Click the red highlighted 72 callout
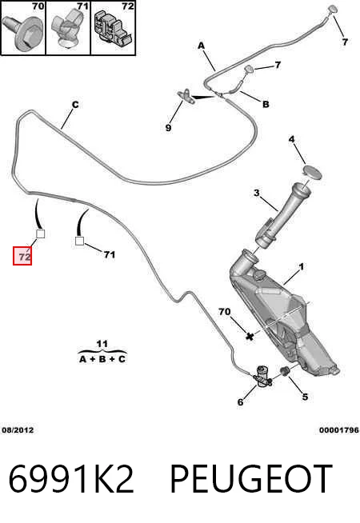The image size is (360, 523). point(22,256)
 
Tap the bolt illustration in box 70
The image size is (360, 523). point(22,33)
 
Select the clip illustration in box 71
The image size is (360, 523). point(67,27)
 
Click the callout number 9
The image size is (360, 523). point(169,128)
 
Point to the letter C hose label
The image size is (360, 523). point(75,105)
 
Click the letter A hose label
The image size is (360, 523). point(201,46)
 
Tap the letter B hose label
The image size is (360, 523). point(266,105)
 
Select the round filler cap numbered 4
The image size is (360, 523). point(312,172)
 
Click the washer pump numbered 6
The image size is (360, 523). point(262,377)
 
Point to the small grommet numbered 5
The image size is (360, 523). point(285,370)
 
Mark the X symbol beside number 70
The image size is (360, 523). point(250,336)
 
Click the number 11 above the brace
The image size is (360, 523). point(102,344)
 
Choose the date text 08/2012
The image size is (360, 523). point(18,430)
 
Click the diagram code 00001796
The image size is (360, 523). point(338,430)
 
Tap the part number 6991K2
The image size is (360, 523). point(71,479)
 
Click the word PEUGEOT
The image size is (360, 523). point(251,479)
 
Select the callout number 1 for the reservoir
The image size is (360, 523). point(302,267)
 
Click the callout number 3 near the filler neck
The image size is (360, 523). point(256,193)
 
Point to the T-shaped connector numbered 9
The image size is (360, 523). point(187,96)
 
